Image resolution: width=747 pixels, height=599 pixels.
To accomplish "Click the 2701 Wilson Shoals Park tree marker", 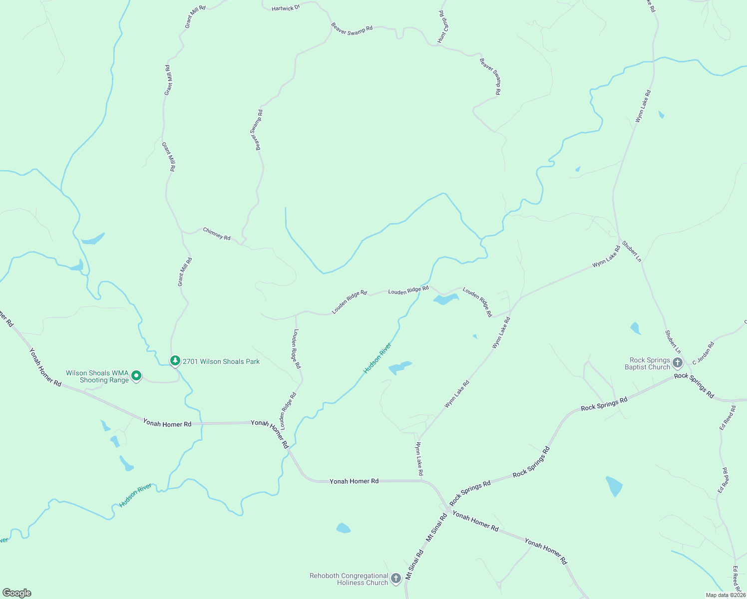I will [x=175, y=360].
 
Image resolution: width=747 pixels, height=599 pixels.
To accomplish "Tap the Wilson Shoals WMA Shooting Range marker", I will [x=136, y=376].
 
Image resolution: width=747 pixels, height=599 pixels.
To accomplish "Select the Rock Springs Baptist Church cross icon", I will [x=678, y=363].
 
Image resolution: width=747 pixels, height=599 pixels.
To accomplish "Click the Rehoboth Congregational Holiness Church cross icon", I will [x=396, y=579].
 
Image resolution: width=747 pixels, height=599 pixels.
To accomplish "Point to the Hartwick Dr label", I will [x=286, y=8].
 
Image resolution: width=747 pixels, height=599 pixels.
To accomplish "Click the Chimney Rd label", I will [x=217, y=234].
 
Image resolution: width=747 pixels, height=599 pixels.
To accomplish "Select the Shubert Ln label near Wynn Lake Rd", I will [x=632, y=252].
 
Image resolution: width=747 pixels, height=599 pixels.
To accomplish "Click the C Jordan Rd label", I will [x=703, y=352].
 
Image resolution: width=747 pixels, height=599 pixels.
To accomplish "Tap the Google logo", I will [x=17, y=593].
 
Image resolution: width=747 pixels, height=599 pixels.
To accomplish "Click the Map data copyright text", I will [x=726, y=595].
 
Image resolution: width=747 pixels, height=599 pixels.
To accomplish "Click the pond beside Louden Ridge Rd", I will [x=445, y=299].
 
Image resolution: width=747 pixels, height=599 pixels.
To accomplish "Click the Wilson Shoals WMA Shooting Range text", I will [x=97, y=376].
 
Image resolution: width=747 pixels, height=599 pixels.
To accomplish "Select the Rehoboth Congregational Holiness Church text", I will [x=349, y=579].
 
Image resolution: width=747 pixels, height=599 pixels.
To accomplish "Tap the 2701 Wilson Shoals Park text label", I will [x=221, y=361].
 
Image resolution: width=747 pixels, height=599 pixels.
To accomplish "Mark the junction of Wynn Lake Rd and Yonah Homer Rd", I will [x=422, y=481].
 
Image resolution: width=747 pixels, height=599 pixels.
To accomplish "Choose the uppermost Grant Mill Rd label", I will [x=195, y=16].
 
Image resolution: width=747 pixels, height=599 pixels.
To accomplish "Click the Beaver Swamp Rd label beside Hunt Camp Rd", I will [x=490, y=76].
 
